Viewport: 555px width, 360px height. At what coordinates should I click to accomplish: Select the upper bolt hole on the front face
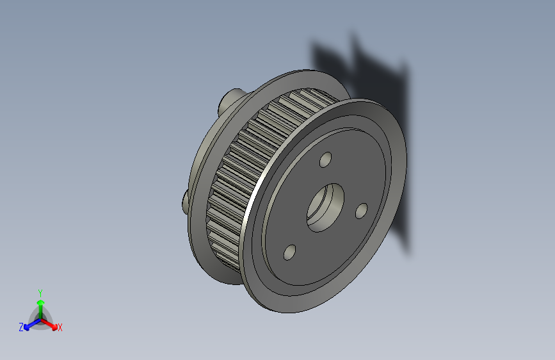326,158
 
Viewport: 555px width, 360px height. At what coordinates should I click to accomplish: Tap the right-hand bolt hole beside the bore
361,209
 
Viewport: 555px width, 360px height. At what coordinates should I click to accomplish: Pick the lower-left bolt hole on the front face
289,252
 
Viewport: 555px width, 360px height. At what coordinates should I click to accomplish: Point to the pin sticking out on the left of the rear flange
184,201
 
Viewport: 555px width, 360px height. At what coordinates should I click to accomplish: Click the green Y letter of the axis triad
40,291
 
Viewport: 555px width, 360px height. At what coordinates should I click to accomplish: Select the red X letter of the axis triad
60,328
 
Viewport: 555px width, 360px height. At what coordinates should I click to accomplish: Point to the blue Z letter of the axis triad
21,327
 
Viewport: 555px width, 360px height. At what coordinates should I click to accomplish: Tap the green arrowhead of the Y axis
40,300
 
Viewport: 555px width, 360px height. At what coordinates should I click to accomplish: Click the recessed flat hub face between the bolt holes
301,192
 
